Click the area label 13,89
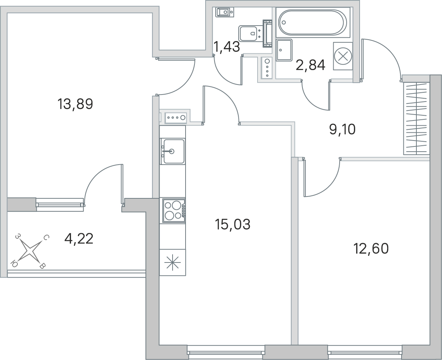(x=75, y=104)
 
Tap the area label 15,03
(x=233, y=225)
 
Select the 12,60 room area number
(x=371, y=249)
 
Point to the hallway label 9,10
(x=343, y=129)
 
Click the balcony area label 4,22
(x=79, y=239)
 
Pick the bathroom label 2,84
(x=311, y=65)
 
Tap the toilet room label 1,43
(x=227, y=47)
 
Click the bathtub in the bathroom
(x=313, y=22)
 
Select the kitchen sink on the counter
(x=172, y=151)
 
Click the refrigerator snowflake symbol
(x=173, y=263)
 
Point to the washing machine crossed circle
(x=343, y=56)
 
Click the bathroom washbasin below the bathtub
(x=284, y=50)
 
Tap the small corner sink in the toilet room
(x=225, y=12)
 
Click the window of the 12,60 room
(x=365, y=352)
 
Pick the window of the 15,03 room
(x=226, y=352)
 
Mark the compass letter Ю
(x=13, y=263)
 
